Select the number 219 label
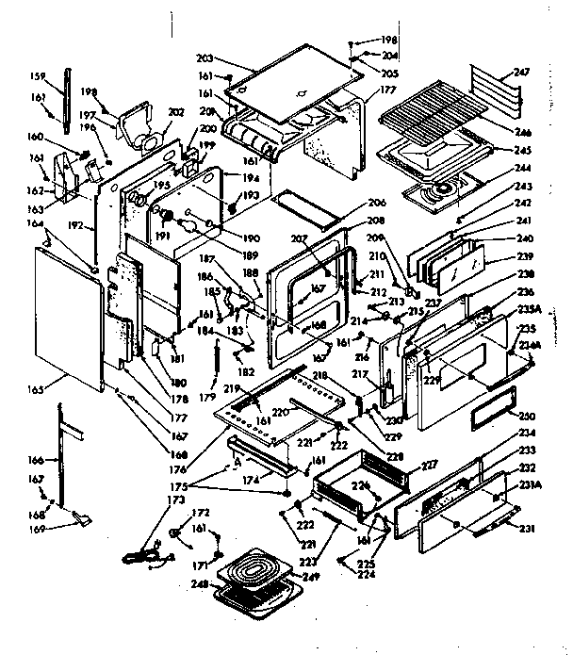[x=228, y=387]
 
